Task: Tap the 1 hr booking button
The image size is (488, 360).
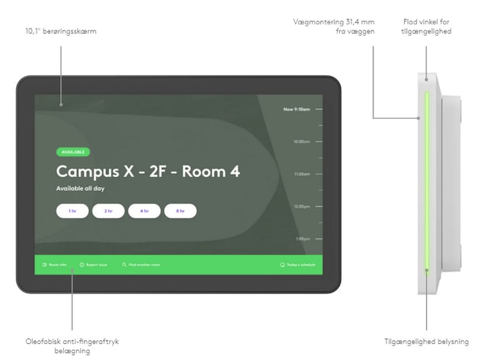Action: [x=72, y=211]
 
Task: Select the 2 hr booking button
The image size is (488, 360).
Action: [x=108, y=211]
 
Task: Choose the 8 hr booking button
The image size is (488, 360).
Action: [x=180, y=211]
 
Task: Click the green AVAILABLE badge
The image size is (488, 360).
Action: [x=72, y=152]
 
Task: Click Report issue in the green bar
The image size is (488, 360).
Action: [x=94, y=265]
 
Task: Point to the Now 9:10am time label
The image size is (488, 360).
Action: [x=297, y=109]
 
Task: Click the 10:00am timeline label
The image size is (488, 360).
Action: [x=301, y=141]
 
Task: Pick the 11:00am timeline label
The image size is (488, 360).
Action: [x=301, y=174]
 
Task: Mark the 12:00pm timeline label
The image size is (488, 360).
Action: [x=301, y=206]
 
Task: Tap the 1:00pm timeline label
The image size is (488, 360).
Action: [x=303, y=239]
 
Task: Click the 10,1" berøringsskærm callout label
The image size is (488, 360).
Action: [x=60, y=31]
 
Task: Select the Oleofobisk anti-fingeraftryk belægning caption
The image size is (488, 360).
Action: [x=72, y=346]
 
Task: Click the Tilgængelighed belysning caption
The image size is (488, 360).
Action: [x=426, y=341]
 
